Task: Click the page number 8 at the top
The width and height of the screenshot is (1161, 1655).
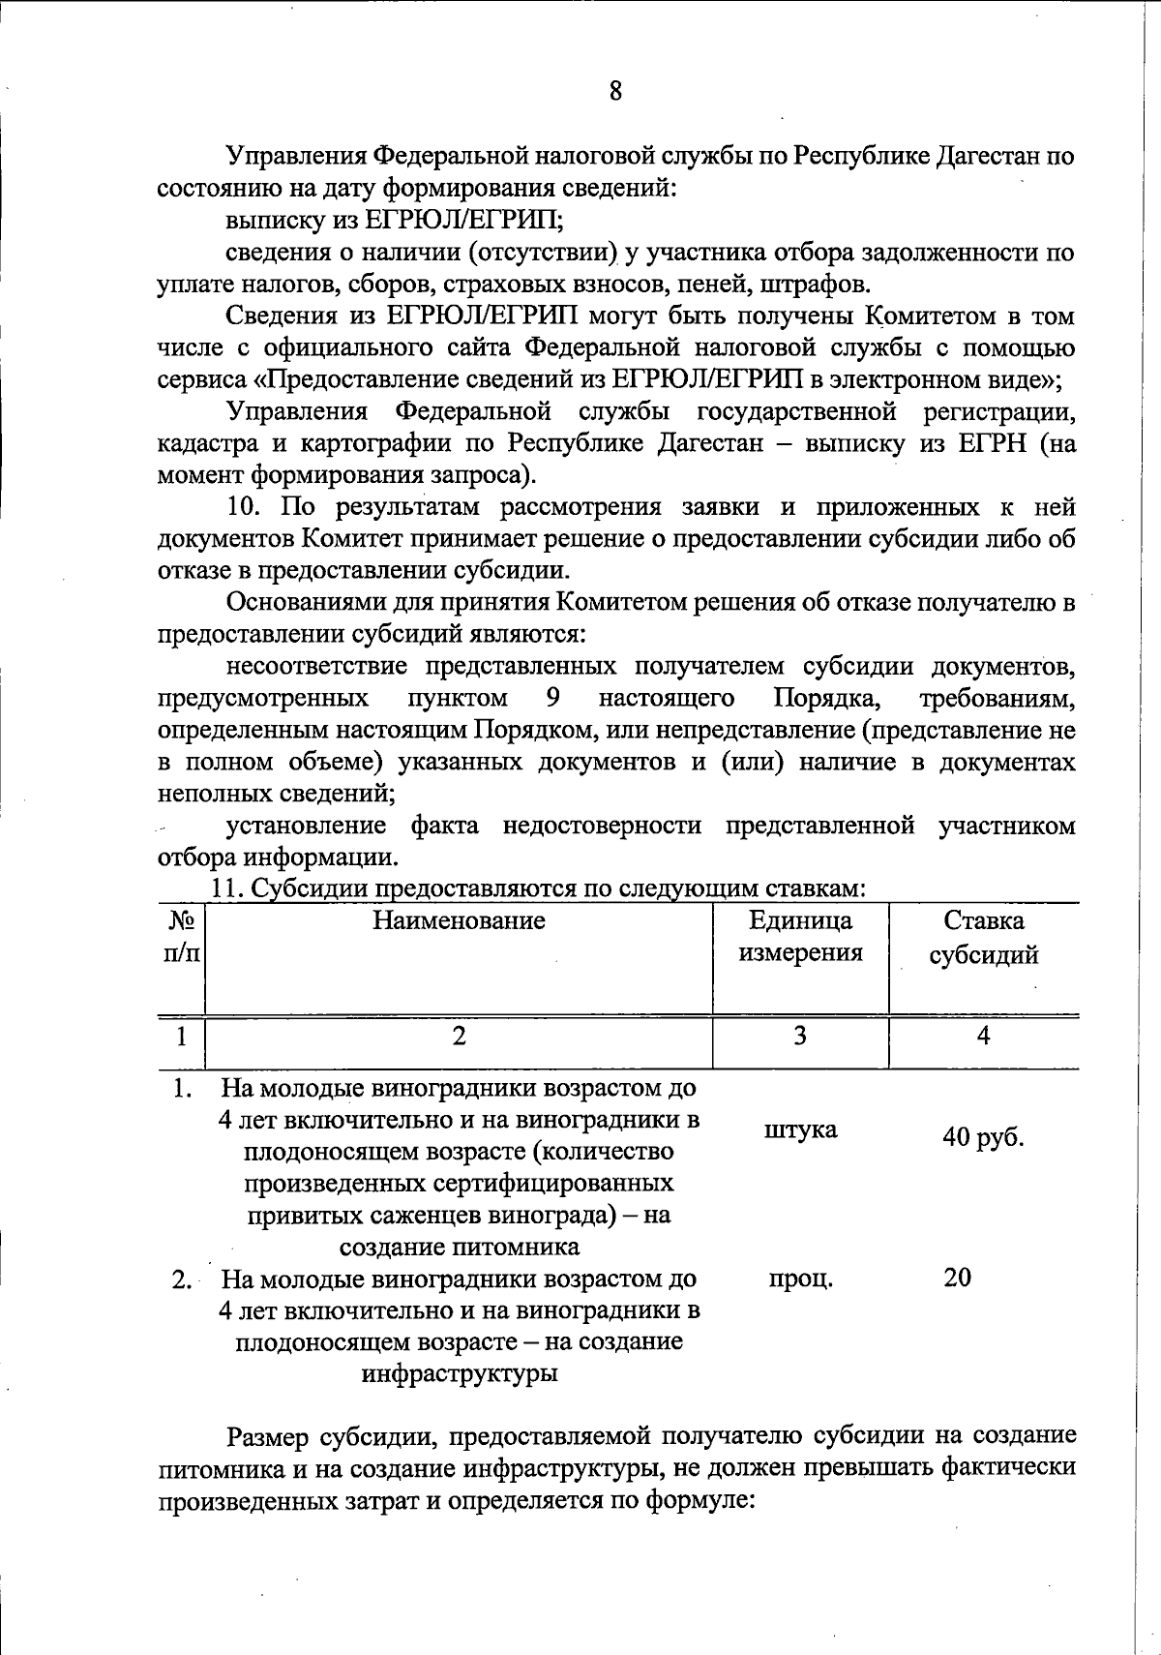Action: click(615, 92)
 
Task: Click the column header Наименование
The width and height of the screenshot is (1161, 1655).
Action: click(459, 920)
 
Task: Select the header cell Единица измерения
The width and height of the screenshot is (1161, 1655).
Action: click(800, 937)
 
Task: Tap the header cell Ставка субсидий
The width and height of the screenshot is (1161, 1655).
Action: click(983, 937)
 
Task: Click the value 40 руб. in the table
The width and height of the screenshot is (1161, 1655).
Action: click(983, 1137)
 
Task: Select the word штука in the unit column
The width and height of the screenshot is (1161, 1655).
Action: click(800, 1129)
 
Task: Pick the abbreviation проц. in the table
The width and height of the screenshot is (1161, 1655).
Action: click(800, 1279)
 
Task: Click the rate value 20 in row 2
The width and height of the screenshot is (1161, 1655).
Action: click(958, 1278)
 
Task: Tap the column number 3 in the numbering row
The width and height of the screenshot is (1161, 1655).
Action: click(800, 1036)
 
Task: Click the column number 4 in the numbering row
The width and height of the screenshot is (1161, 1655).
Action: click(983, 1036)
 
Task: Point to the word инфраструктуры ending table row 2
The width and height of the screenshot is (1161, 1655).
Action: click(459, 1373)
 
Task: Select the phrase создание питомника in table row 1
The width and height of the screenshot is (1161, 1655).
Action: click(459, 1246)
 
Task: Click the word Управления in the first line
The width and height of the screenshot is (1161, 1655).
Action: click(296, 156)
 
